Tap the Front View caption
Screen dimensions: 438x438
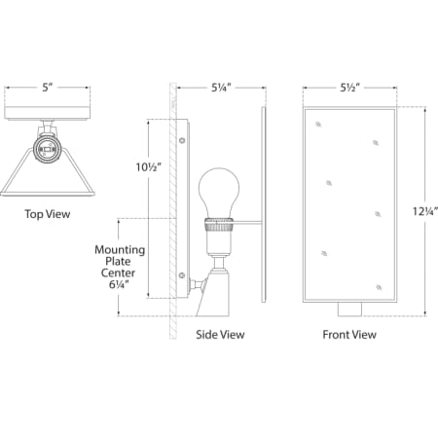pos(349,335)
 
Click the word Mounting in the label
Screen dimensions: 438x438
pos(120,250)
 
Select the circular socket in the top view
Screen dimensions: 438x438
pos(44,147)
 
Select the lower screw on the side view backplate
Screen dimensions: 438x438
pos(183,276)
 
